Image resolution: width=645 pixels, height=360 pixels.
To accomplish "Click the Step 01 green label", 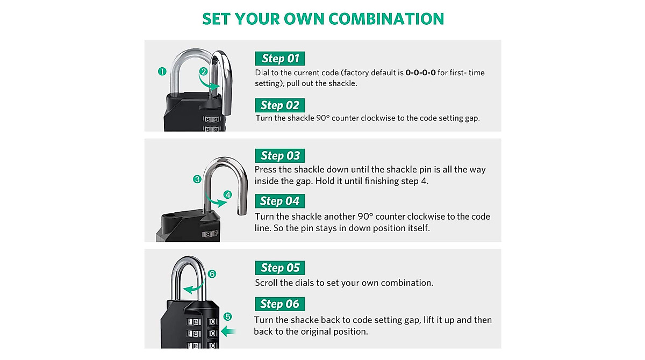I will [279, 59].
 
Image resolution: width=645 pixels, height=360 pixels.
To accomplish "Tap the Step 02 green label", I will [279, 105].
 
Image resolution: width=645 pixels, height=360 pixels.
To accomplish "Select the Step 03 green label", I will [280, 156].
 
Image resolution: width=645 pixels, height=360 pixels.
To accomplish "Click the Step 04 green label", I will [279, 201].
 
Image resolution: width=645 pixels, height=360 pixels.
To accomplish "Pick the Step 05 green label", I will [280, 268].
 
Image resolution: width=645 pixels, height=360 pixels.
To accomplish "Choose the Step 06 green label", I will [279, 304].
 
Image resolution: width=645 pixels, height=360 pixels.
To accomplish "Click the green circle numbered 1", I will [162, 71].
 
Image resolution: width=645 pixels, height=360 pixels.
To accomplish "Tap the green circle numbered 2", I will [203, 71].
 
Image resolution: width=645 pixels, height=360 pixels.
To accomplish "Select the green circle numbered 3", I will [198, 179].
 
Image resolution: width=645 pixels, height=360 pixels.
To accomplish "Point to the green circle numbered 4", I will [227, 195].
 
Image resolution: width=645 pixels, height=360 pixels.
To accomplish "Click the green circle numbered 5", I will [228, 317].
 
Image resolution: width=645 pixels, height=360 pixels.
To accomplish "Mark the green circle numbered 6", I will [212, 274].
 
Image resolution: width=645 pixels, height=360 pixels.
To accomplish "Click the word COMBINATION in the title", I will [386, 19].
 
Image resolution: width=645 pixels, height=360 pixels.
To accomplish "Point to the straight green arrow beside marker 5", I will [228, 332].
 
